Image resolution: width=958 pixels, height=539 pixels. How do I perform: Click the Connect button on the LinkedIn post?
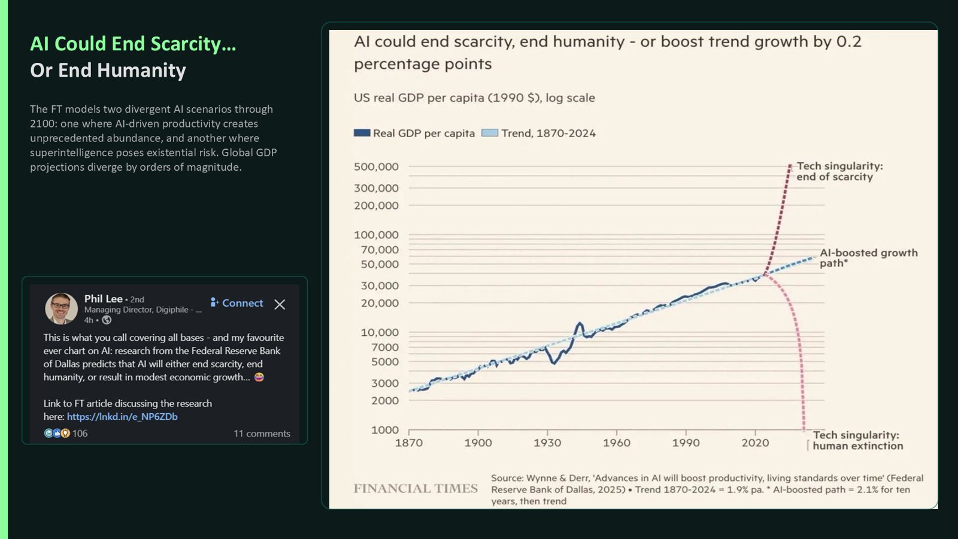click(x=237, y=303)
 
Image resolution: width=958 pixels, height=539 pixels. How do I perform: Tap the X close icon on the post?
click(x=280, y=304)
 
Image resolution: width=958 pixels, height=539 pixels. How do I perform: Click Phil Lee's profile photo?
click(x=61, y=308)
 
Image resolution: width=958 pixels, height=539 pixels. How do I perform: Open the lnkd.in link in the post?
click(x=122, y=416)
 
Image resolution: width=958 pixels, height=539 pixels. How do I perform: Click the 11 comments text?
click(x=262, y=434)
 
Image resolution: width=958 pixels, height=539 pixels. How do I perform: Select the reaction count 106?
click(x=80, y=434)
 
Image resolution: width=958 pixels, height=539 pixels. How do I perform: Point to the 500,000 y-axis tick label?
click(x=376, y=167)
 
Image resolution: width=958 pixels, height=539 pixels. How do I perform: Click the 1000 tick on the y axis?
click(x=385, y=430)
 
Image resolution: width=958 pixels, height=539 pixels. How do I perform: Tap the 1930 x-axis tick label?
click(x=547, y=443)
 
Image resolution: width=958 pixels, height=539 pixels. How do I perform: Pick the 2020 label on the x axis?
click(x=755, y=443)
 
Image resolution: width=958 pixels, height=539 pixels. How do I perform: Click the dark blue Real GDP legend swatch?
click(x=362, y=133)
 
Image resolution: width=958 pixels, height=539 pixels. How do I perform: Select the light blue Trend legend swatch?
click(x=490, y=133)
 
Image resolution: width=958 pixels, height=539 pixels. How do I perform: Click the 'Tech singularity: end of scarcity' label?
click(x=839, y=171)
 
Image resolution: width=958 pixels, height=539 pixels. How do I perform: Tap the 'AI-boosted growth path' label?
click(x=868, y=258)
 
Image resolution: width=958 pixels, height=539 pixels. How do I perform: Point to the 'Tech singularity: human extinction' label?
click(x=857, y=440)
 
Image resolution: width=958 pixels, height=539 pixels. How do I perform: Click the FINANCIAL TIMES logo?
click(x=416, y=489)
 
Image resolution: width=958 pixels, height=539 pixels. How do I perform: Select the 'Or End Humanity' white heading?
click(x=108, y=70)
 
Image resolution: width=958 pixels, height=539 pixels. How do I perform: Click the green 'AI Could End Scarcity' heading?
click(x=133, y=44)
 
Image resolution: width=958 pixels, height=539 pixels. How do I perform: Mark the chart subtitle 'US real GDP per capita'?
click(x=474, y=98)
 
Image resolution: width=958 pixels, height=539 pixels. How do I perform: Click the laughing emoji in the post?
click(x=259, y=377)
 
